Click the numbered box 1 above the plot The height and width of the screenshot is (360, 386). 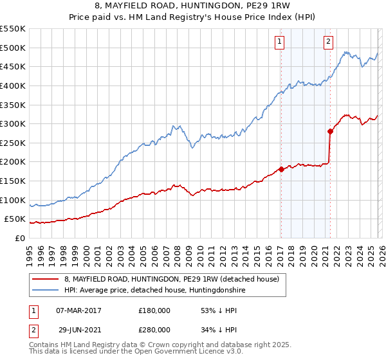tap(280, 42)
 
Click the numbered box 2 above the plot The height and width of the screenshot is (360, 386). tap(328, 42)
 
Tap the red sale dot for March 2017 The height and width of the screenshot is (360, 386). tap(281, 170)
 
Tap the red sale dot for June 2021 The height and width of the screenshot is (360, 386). tap(330, 131)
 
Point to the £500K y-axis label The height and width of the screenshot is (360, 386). tap(14, 48)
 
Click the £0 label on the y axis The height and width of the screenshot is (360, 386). tap(20, 238)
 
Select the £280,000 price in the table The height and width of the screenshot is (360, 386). tap(154, 330)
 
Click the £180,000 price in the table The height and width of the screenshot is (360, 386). tap(154, 310)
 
